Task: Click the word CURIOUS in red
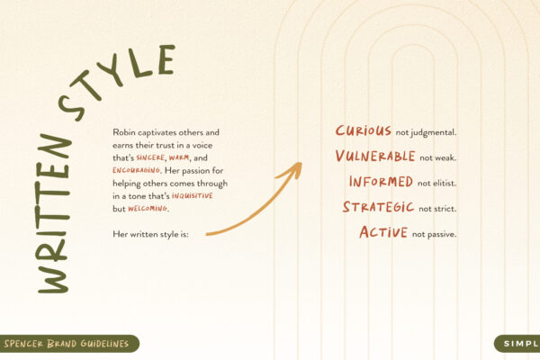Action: pyautogui.click(x=363, y=131)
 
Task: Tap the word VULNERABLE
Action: pyautogui.click(x=375, y=157)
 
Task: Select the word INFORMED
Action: pyautogui.click(x=382, y=182)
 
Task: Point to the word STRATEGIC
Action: pyautogui.click(x=378, y=208)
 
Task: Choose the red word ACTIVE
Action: pyautogui.click(x=382, y=233)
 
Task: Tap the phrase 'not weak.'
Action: pyautogui.click(x=438, y=158)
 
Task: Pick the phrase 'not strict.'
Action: pyautogui.click(x=438, y=210)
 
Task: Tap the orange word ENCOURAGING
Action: pyautogui.click(x=137, y=170)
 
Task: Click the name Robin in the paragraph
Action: pyautogui.click(x=126, y=132)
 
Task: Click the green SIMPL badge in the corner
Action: pyautogui.click(x=518, y=343)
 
